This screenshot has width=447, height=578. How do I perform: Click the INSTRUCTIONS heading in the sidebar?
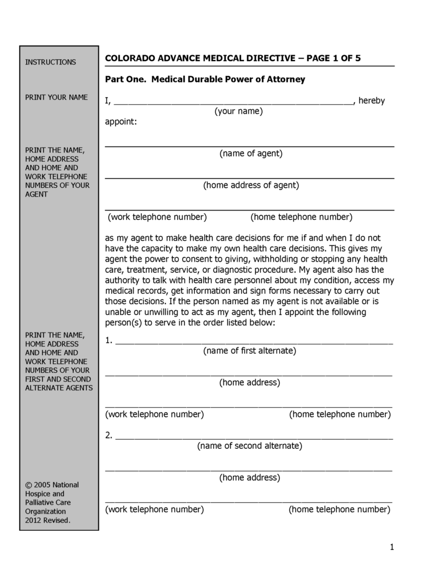coord(51,62)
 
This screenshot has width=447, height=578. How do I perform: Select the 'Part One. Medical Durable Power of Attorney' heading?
coord(205,79)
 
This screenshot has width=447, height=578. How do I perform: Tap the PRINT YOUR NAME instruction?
coord(56,97)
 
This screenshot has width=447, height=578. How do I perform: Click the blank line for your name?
coord(233,101)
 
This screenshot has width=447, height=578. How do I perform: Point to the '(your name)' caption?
coord(239,111)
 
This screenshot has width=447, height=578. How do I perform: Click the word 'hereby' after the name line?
coord(372,101)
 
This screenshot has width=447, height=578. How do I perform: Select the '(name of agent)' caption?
coord(251,154)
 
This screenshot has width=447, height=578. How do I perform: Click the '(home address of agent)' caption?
coord(251,185)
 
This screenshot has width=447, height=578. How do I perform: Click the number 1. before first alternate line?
coord(109,341)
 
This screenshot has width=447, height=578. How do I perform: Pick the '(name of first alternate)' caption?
coord(249,351)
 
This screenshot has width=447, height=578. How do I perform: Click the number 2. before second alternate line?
coord(109,436)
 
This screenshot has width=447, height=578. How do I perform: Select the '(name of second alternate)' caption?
coord(249,446)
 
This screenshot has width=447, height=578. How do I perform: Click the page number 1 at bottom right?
coord(392,547)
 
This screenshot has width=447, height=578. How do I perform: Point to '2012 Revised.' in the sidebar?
coord(48,520)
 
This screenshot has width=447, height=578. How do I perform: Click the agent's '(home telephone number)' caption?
coord(301,217)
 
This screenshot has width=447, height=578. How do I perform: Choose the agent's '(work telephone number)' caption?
coord(157,217)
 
